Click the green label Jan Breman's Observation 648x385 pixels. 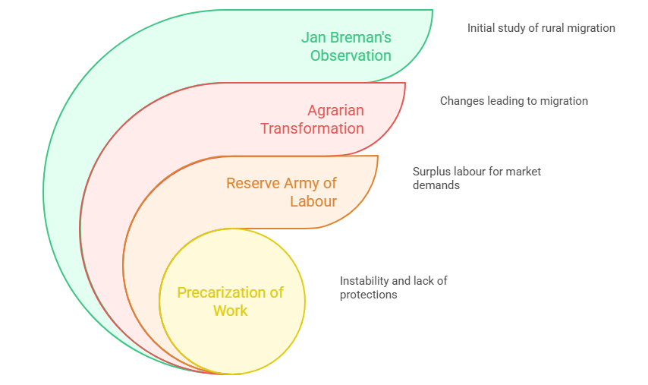[x=347, y=46]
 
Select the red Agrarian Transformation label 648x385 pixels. [x=313, y=119]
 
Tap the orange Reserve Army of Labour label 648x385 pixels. [x=282, y=192]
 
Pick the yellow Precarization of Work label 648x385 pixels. [x=231, y=301]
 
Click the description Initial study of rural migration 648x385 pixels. [x=541, y=28]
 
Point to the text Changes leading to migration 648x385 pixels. [x=514, y=101]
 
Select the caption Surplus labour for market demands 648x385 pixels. [x=477, y=178]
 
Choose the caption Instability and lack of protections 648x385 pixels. [x=393, y=288]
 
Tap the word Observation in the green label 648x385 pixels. [x=351, y=55]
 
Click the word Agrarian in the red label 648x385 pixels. [x=336, y=110]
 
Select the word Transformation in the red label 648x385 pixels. [x=313, y=128]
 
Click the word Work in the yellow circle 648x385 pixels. [x=231, y=311]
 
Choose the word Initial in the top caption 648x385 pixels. [x=481, y=28]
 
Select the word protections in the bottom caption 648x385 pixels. [x=369, y=295]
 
